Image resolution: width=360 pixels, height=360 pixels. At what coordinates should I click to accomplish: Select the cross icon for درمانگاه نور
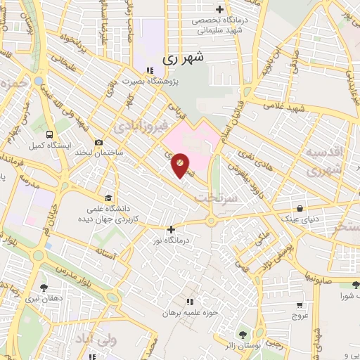click(171, 229)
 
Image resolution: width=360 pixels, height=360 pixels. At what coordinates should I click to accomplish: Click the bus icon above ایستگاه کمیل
click(49, 134)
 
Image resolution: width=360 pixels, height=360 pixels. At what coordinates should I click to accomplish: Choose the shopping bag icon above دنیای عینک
click(300, 209)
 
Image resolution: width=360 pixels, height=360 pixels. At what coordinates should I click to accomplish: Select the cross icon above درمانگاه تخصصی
click(220, 10)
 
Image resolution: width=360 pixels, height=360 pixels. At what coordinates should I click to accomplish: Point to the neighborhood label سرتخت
click(214, 198)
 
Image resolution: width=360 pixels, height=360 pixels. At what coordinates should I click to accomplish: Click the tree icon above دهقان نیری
click(44, 288)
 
